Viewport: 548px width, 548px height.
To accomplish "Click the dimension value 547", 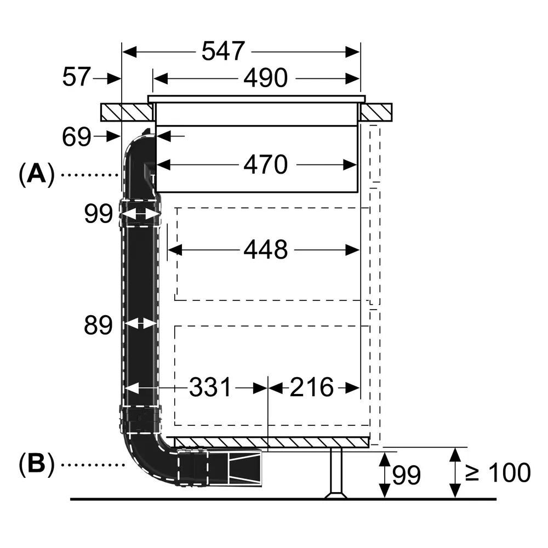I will click(222, 52).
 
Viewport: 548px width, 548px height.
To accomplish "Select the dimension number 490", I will click(265, 79).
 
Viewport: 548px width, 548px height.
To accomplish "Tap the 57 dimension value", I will click(76, 77).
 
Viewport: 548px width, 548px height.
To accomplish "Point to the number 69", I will click(76, 137).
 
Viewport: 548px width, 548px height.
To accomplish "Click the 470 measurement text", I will click(265, 164).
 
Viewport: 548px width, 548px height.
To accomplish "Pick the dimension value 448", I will click(265, 250).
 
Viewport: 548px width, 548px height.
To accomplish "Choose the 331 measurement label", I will click(210, 388).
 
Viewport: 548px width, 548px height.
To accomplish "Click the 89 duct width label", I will click(98, 326).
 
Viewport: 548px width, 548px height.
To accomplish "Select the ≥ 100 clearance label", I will click(498, 472).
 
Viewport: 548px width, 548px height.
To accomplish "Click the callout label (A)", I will click(37, 175).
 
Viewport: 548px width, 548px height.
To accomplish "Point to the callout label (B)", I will click(37, 465).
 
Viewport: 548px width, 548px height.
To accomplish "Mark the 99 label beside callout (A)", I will click(98, 214).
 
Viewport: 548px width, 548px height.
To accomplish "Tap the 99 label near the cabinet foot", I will click(406, 474).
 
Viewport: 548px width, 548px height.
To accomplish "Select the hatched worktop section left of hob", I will click(127, 112).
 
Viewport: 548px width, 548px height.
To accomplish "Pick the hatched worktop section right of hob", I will click(376, 112).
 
